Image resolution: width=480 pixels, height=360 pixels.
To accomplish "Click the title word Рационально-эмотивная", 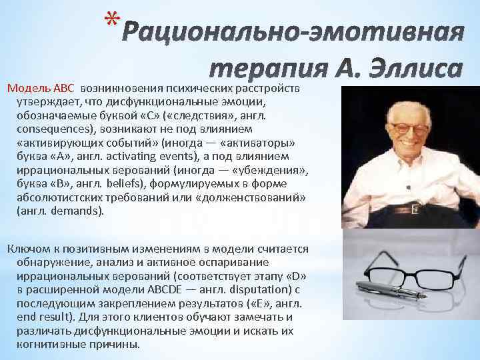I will (293, 31).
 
